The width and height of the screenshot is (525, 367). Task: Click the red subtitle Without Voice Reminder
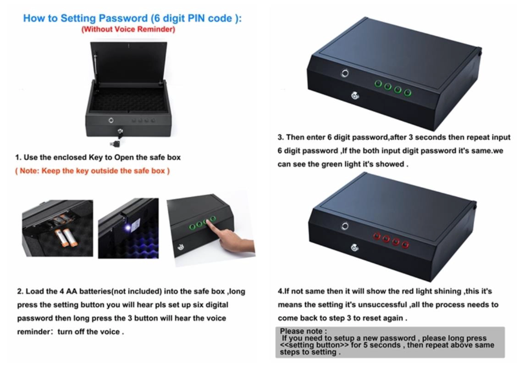coord(128,29)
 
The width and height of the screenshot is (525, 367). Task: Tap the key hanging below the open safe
coord(116,144)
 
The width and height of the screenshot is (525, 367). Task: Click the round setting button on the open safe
coord(111,120)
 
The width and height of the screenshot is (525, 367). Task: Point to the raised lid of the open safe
coord(129,62)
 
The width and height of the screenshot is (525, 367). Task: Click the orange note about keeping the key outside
coord(93,171)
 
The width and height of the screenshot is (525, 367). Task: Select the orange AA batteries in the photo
coord(66,237)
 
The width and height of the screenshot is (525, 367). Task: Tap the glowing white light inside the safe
coord(127,228)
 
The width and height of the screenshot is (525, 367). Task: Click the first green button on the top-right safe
coord(378,83)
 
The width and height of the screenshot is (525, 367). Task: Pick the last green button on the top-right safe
coord(408,92)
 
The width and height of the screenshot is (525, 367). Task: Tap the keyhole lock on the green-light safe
coord(355,96)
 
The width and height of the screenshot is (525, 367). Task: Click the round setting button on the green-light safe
coord(344,73)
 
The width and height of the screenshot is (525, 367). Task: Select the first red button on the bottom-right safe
coord(377,237)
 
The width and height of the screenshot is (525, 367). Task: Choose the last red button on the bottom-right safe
coord(405,245)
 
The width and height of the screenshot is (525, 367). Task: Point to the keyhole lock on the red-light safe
coord(354,247)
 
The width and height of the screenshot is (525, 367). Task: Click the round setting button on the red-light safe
coord(344,226)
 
